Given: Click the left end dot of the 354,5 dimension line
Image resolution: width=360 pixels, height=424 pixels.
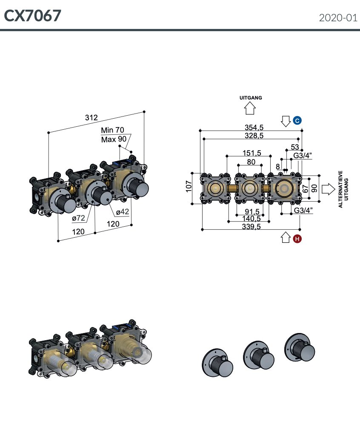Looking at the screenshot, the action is point(200,131).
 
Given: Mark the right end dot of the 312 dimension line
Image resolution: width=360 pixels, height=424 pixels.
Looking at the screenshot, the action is point(144,112).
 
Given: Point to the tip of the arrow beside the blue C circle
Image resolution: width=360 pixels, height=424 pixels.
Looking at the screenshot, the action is point(286,126).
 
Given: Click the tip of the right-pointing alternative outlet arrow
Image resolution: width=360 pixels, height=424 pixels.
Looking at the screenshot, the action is point(335,189).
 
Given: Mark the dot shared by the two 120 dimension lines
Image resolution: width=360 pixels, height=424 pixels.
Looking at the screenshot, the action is point(95,233).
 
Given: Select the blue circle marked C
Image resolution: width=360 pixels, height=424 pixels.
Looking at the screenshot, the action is point(297,121).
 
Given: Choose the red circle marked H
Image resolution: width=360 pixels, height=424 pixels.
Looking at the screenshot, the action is point(297,239).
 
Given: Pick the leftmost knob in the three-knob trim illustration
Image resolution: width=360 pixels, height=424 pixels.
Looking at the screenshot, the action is point(218,363).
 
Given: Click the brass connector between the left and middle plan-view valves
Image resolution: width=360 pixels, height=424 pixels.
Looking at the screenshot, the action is point(232,188).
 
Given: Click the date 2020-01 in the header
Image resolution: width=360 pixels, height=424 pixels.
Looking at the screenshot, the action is point(338,18).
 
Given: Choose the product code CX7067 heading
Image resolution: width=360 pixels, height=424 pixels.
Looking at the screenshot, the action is point(32,16).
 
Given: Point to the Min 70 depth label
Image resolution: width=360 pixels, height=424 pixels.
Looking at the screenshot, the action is point(112,130).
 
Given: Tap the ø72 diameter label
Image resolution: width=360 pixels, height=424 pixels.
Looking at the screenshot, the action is point(78,218).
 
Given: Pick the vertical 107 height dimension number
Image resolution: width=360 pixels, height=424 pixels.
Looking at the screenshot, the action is point(189,186).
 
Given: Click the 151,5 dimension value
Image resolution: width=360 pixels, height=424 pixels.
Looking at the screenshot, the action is point(252,153).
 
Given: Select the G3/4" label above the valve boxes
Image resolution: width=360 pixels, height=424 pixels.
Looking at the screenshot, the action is point(303,156).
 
